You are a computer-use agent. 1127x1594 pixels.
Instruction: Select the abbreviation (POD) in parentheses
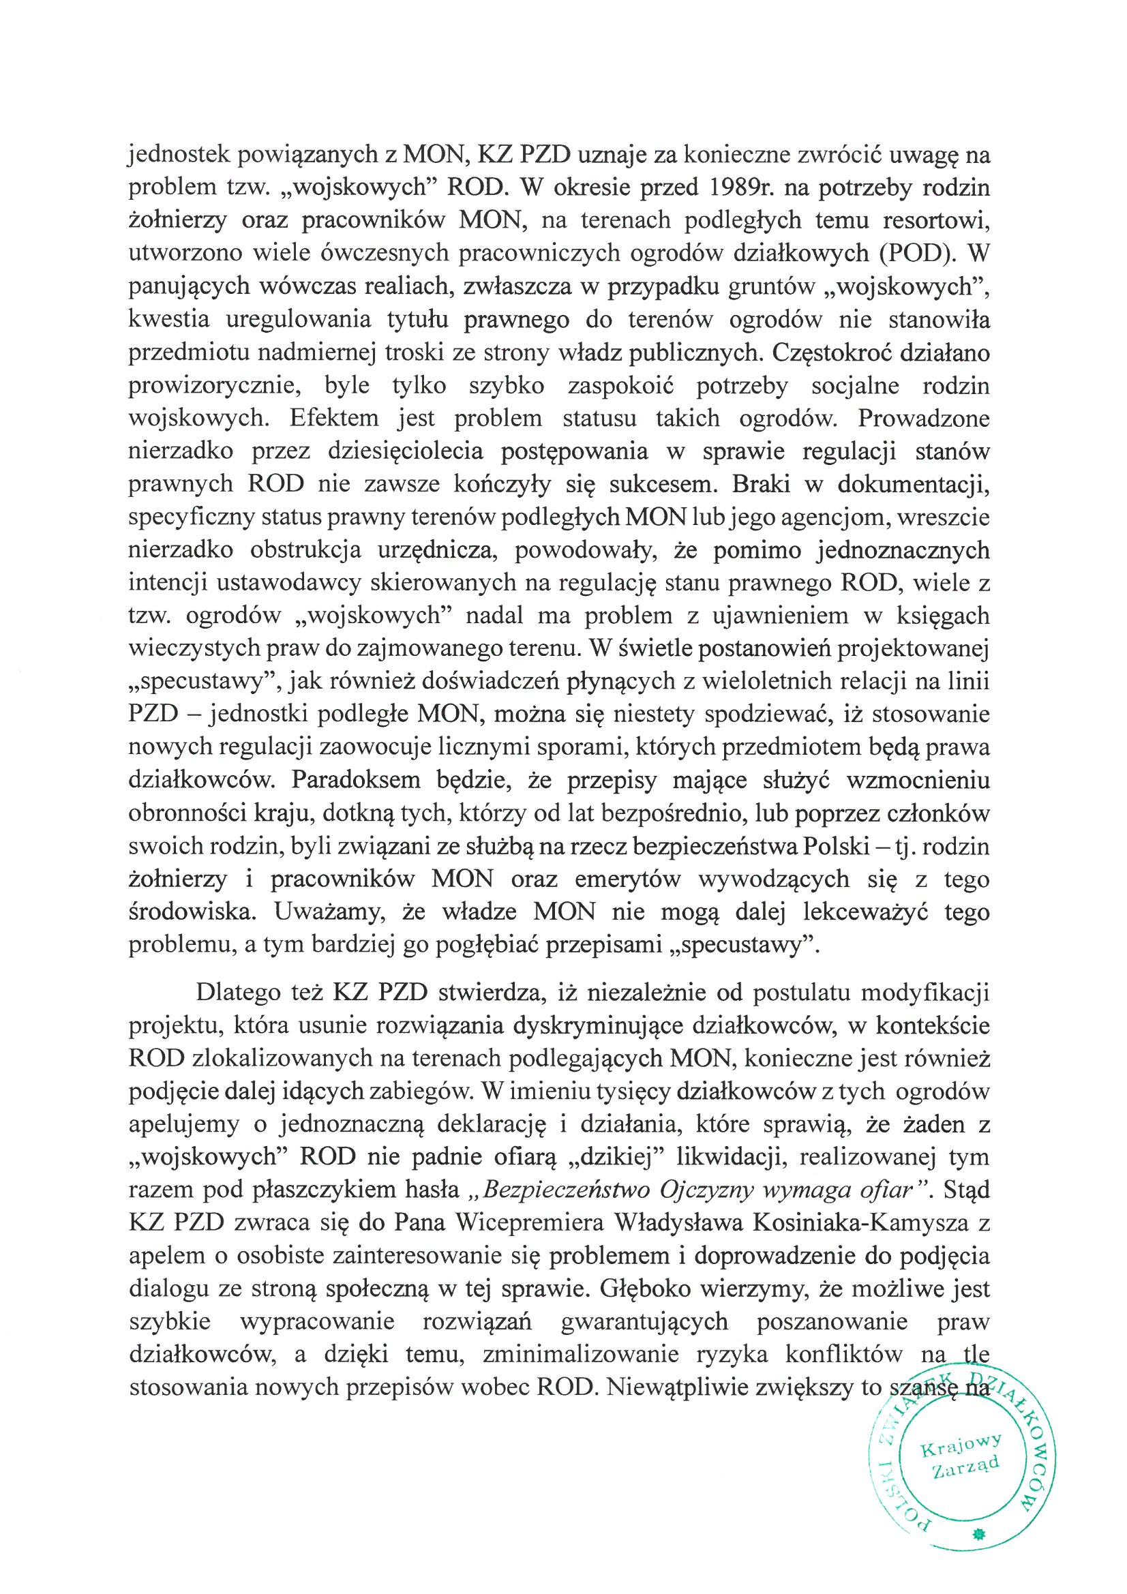(x=914, y=253)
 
